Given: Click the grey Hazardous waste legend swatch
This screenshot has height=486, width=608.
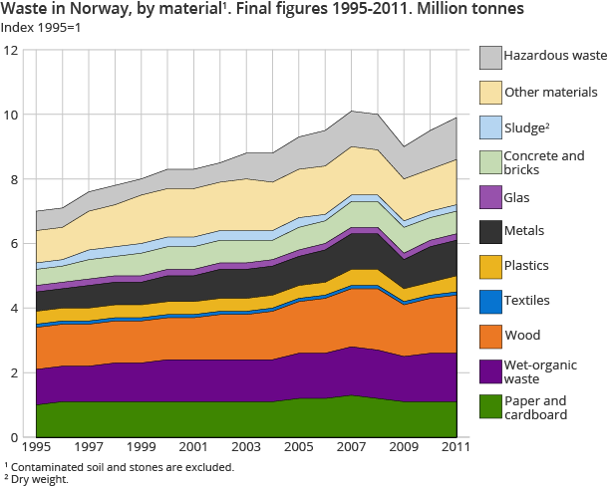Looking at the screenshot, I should (490, 58).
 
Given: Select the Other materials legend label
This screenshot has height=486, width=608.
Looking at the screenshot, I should (550, 93).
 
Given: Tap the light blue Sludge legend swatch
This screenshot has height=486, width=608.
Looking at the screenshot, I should (490, 127).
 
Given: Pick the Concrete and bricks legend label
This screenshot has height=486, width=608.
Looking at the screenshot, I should (542, 162).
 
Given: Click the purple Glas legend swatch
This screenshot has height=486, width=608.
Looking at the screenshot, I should (490, 197).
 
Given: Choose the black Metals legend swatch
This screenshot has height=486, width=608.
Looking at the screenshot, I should (490, 232).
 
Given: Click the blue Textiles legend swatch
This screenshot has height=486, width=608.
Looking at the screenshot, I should (490, 300).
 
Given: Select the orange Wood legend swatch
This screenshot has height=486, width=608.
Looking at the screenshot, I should (490, 334).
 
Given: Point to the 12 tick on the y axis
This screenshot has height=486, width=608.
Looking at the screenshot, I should (11, 51).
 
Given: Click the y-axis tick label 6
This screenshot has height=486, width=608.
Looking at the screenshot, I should (14, 244).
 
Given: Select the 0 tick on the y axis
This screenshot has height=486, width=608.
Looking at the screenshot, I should (14, 437).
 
